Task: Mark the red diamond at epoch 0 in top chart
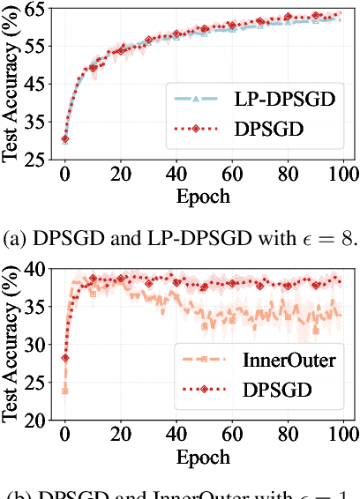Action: pos(65,138)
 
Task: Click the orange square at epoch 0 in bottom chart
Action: pos(65,389)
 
